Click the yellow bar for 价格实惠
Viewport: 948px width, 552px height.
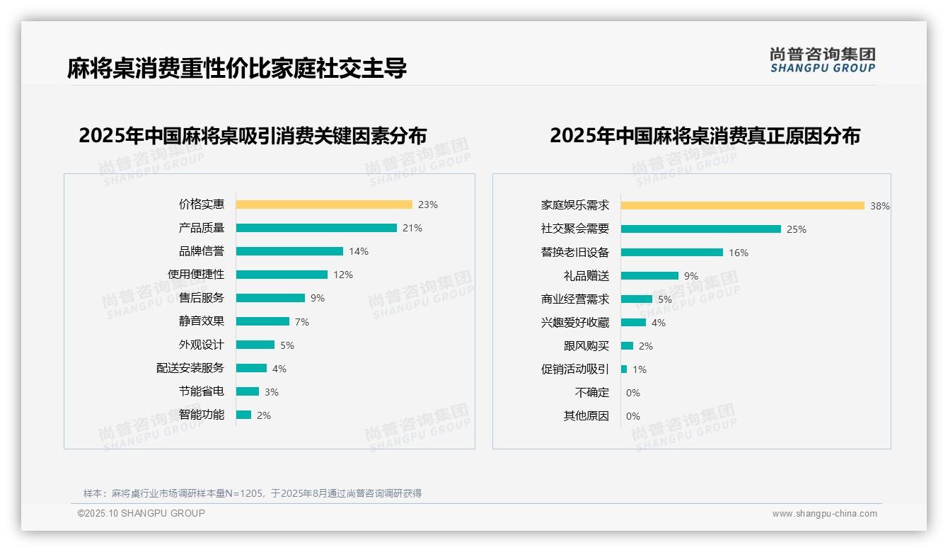323,205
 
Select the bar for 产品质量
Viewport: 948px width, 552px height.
316,228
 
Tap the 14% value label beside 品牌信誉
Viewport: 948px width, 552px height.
358,251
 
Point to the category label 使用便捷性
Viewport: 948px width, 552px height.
196,274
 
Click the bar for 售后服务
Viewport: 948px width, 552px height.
270,298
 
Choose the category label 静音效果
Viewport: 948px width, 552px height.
202,321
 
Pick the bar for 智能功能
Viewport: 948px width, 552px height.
243,415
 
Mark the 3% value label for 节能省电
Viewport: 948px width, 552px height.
271,392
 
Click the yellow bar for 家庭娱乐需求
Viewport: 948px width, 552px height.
742,205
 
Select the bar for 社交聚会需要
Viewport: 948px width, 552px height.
700,229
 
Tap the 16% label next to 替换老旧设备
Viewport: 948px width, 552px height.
738,253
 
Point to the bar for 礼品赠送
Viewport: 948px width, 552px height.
649,275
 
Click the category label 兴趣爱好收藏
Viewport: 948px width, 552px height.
575,322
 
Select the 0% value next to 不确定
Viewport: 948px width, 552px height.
632,393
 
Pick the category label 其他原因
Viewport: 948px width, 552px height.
586,415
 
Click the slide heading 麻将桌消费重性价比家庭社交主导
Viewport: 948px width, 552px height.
237,69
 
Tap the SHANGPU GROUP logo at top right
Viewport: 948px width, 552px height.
822,60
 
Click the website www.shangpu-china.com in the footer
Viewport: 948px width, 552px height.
824,514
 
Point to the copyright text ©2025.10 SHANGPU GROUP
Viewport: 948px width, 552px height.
141,513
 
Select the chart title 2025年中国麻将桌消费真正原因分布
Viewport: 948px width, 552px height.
705,136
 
